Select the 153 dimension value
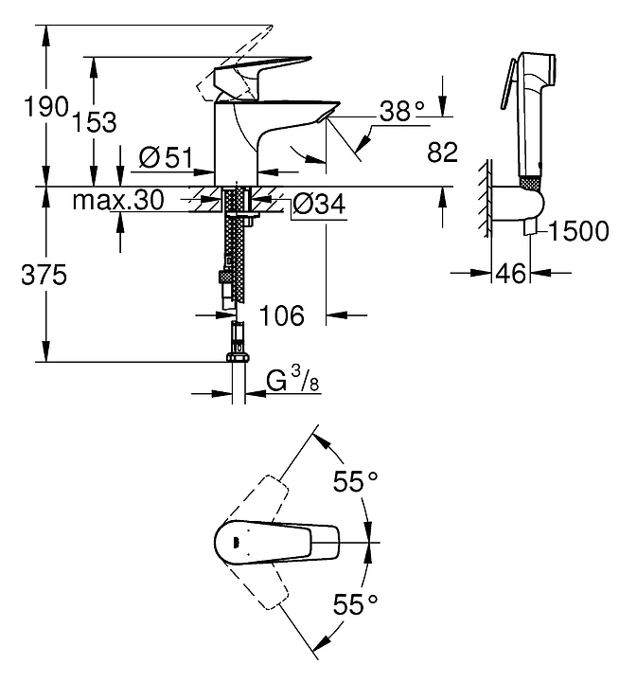tap(97, 121)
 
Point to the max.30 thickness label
tap(118, 200)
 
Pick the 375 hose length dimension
tap(42, 276)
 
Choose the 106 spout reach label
tap(281, 315)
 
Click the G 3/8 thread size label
tap(290, 382)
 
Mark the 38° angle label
tap(400, 112)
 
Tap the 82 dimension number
tap(443, 152)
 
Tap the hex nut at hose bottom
tap(237, 359)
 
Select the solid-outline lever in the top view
tap(284, 542)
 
